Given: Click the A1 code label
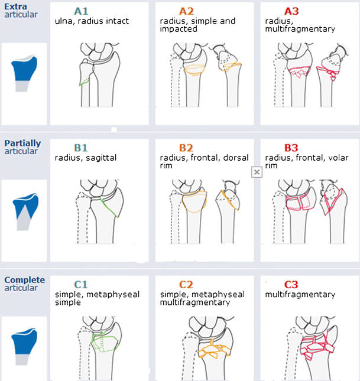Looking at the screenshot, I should [x=82, y=11].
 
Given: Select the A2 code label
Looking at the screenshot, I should [x=186, y=11].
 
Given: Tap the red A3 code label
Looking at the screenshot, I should [x=291, y=11].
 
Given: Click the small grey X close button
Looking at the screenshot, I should [x=257, y=172].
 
